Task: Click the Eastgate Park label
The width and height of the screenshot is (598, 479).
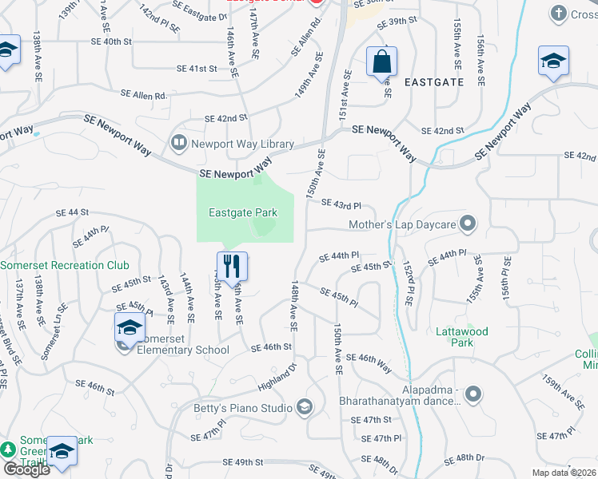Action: tap(243, 213)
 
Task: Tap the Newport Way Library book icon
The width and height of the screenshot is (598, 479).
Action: tap(178, 144)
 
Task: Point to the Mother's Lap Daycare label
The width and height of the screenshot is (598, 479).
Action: tap(401, 224)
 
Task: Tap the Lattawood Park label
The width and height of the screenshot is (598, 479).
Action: tap(462, 337)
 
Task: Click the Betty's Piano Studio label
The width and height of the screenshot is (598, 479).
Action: tap(243, 409)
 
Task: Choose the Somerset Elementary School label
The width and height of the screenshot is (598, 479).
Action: tap(183, 350)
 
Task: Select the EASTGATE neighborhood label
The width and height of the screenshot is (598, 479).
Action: tap(434, 81)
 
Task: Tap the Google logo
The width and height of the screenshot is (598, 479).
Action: tap(26, 469)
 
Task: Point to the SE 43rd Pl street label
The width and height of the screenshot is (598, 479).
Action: tap(341, 204)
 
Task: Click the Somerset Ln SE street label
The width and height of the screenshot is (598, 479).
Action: tap(54, 331)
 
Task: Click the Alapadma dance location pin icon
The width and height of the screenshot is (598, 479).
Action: tap(474, 393)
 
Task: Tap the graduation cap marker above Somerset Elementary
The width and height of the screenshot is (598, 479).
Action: tap(130, 327)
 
